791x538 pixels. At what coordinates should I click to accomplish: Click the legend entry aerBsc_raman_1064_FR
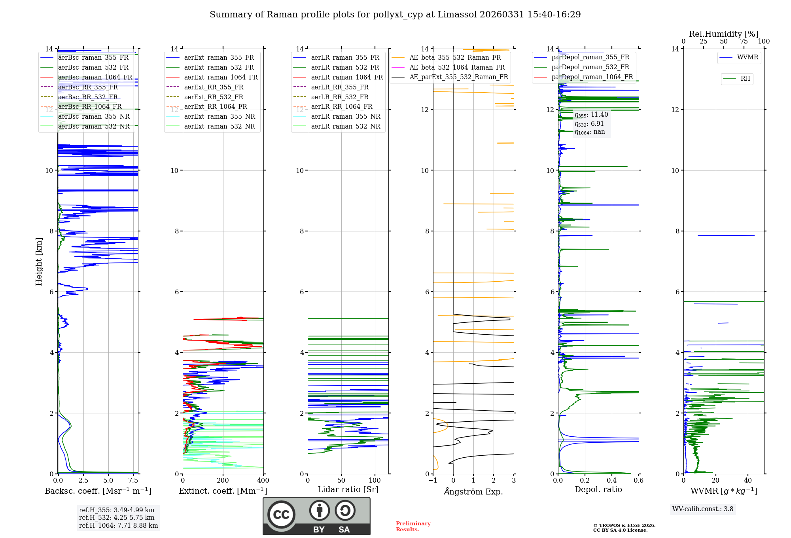(x=95, y=78)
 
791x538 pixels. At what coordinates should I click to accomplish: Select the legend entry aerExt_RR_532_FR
(x=214, y=97)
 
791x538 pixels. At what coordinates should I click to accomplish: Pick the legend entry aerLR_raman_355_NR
(x=345, y=116)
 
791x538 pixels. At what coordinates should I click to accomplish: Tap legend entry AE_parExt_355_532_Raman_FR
(x=458, y=77)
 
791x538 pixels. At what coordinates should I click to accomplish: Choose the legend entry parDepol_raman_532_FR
(x=590, y=67)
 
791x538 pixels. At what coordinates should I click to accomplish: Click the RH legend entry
(x=745, y=79)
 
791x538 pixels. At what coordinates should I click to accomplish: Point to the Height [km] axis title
(x=39, y=261)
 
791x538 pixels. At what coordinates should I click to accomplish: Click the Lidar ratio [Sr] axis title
(x=348, y=489)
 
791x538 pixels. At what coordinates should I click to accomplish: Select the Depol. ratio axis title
(x=598, y=489)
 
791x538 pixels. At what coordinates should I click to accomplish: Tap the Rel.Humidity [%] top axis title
(x=723, y=34)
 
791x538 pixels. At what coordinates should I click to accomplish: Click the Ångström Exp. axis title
(x=473, y=492)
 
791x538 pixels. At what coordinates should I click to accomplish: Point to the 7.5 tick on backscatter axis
(x=133, y=481)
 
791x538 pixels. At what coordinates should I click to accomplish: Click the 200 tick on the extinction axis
(x=223, y=481)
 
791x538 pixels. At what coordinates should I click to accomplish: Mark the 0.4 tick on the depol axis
(x=612, y=481)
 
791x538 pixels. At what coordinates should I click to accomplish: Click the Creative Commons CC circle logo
(x=281, y=515)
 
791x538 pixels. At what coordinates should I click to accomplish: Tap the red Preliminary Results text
(x=413, y=527)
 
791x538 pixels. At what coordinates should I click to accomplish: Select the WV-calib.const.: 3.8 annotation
(x=703, y=509)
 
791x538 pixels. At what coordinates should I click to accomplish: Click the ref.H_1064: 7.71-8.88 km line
(x=118, y=526)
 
